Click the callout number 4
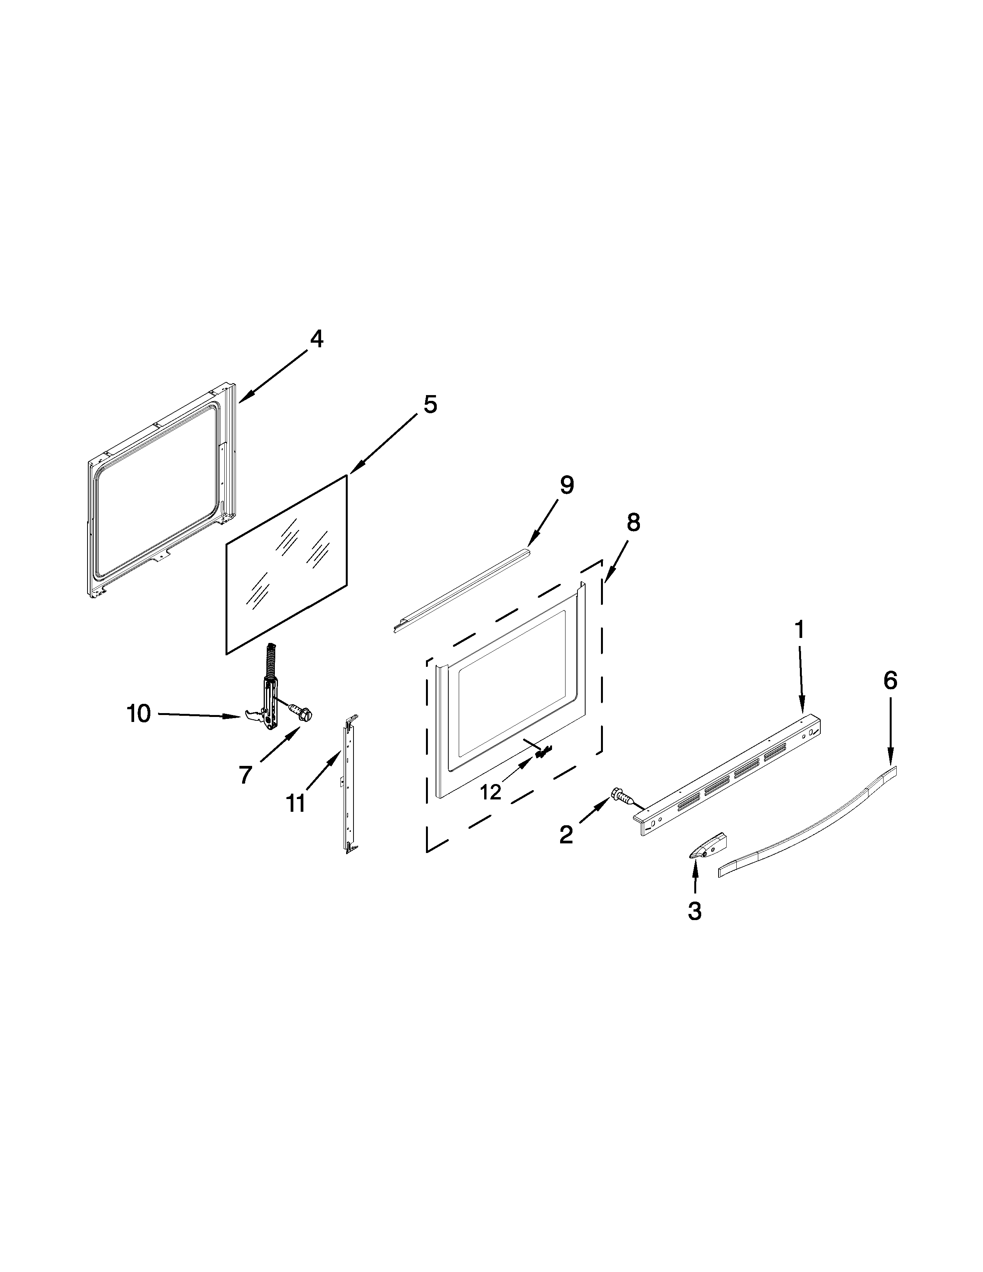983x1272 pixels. tap(316, 339)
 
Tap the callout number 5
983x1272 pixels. tap(430, 404)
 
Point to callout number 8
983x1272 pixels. tap(633, 522)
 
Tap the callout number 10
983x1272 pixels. tap(139, 713)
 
